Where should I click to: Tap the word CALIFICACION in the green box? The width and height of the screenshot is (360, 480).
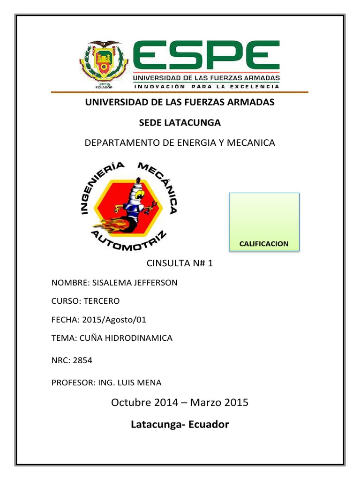[264, 244]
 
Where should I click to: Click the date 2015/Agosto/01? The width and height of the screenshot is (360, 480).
[114, 320]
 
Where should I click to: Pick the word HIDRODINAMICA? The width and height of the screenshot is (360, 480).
[141, 337]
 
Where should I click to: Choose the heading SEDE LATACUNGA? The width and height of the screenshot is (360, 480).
[180, 122]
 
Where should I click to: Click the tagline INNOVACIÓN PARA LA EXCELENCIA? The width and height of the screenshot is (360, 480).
[207, 87]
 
